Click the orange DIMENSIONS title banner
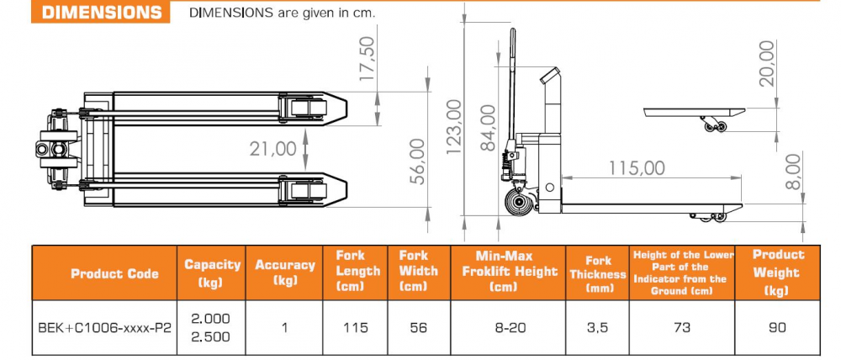[x=100, y=12]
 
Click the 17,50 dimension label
[x=368, y=60]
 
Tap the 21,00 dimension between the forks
[x=273, y=149]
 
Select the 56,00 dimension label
[x=418, y=161]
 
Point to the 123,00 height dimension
[x=454, y=127]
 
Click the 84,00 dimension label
[x=488, y=128]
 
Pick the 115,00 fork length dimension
[x=637, y=168]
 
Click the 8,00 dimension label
[x=795, y=171]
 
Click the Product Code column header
[x=114, y=273]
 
